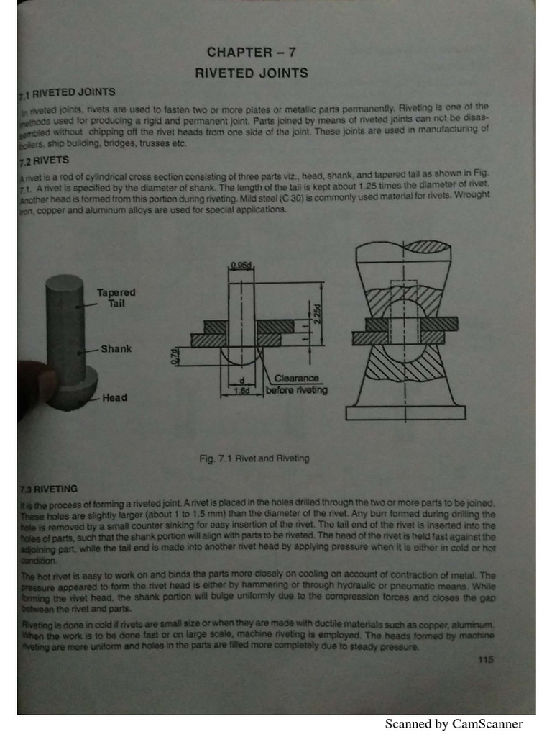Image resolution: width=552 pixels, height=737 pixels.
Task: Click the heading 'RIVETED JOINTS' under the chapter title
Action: click(x=252, y=73)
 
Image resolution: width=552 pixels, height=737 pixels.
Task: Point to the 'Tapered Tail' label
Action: click(x=116, y=298)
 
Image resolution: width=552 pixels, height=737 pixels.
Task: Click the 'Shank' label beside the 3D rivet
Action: click(x=116, y=348)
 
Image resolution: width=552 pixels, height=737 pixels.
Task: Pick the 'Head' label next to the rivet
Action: click(x=115, y=397)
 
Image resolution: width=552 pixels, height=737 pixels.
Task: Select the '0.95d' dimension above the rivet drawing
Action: click(x=241, y=266)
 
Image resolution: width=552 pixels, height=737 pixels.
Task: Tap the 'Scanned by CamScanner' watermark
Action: click(x=454, y=724)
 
